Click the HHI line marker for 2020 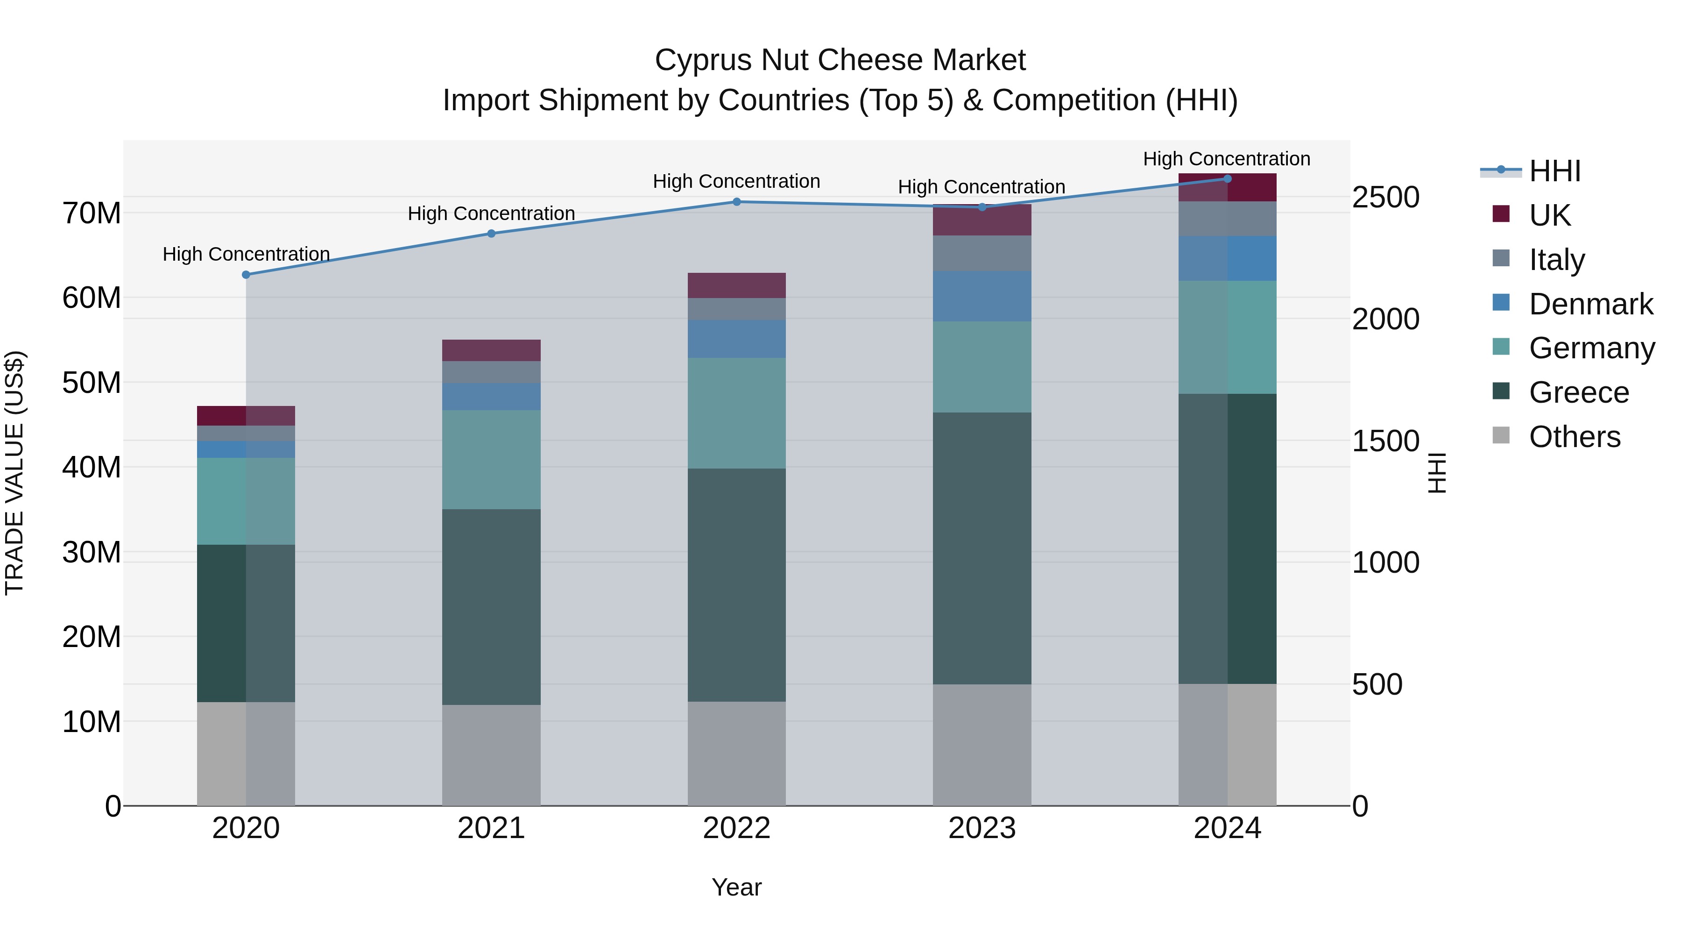246,275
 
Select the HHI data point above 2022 737,202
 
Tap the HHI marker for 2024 1228,179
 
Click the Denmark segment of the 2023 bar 982,296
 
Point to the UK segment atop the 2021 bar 491,350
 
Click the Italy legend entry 1556,260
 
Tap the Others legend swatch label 1574,437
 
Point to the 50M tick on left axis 92,383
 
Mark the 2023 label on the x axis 982,828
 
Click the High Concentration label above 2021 491,213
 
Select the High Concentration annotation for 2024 1226,159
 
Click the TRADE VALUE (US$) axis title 14,473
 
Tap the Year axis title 737,887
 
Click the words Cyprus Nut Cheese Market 840,60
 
